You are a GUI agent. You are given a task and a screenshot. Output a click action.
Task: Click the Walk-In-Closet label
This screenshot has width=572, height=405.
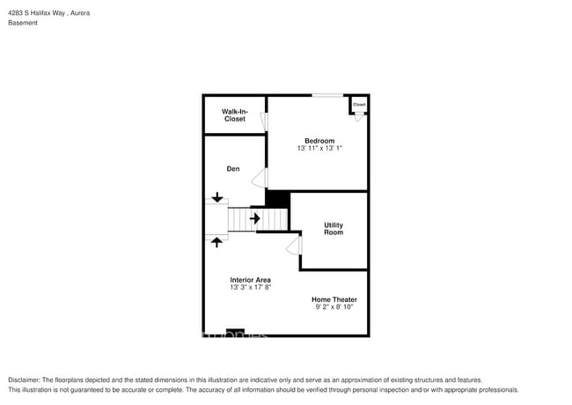(x=234, y=115)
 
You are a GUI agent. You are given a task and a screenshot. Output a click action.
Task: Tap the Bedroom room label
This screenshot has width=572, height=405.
(x=319, y=141)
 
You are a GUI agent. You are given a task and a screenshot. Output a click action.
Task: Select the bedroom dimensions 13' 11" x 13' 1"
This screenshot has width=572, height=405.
(x=319, y=149)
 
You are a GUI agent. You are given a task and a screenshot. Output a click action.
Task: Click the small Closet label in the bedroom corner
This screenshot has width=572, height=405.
(x=359, y=105)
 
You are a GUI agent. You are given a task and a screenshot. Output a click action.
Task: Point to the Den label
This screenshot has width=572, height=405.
(x=233, y=169)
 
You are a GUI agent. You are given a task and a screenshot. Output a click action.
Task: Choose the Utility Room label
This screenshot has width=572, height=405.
(x=334, y=229)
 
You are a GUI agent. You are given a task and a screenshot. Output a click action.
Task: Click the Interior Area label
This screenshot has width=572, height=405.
(x=251, y=280)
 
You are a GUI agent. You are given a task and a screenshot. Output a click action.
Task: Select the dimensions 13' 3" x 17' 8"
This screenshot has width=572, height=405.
(x=251, y=288)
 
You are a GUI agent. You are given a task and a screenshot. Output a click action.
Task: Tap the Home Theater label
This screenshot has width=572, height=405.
(x=334, y=299)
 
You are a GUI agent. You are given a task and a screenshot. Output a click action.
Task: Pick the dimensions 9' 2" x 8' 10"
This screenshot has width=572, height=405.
(x=334, y=307)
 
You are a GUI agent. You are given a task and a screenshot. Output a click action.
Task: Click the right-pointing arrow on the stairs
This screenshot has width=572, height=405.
(x=255, y=217)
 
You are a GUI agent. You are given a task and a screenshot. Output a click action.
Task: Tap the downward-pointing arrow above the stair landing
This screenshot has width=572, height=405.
(x=217, y=197)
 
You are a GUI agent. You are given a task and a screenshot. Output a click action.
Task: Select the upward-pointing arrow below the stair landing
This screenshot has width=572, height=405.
(x=217, y=239)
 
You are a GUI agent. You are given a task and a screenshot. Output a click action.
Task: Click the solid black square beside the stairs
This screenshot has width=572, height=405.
(x=277, y=200)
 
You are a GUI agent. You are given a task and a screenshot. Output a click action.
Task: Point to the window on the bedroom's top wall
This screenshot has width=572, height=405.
(x=328, y=95)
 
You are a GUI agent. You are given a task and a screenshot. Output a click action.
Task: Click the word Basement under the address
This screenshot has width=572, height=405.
(x=23, y=23)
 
